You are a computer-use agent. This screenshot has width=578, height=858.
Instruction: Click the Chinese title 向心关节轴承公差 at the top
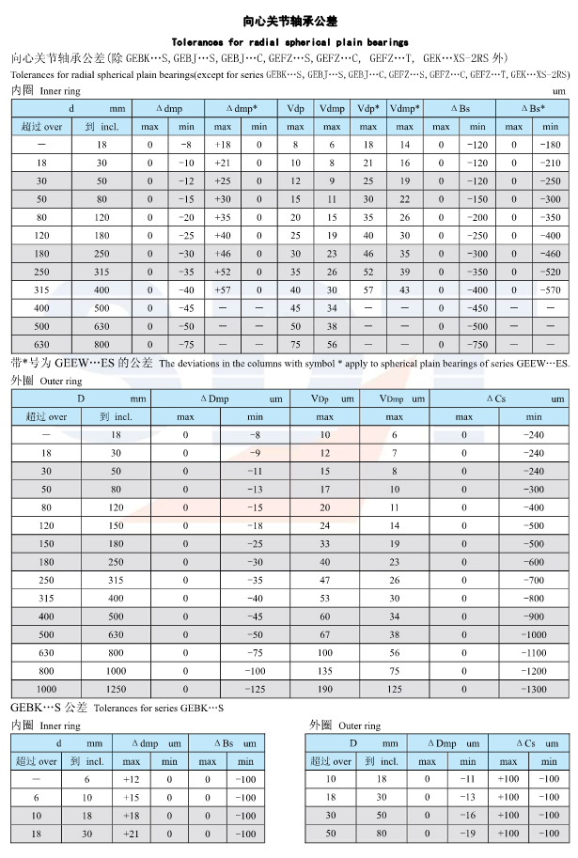(x=289, y=20)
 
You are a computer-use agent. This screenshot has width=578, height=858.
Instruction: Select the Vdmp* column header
(x=404, y=109)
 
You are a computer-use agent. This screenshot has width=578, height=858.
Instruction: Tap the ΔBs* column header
(x=532, y=109)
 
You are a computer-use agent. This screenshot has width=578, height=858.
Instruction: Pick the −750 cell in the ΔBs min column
(x=478, y=345)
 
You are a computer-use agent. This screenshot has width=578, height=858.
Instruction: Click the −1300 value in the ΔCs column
(x=534, y=688)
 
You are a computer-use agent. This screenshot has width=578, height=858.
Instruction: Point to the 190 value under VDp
(x=325, y=688)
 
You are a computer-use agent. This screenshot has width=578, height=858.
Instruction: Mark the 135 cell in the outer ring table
(x=325, y=670)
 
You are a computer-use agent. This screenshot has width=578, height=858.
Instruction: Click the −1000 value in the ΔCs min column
(x=534, y=634)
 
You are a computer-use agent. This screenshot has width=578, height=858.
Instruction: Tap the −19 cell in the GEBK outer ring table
(x=468, y=834)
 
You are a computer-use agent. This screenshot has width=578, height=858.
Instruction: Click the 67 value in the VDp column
(x=325, y=634)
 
